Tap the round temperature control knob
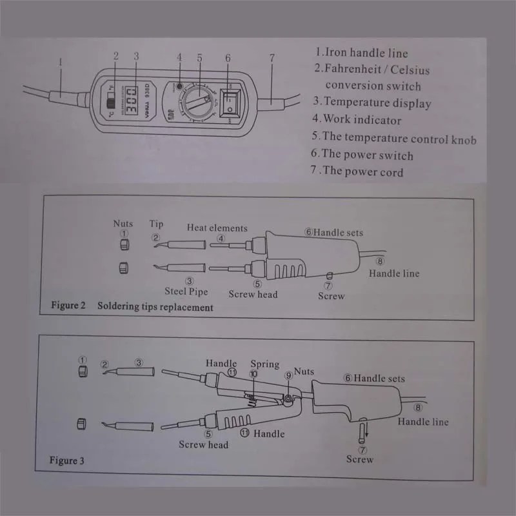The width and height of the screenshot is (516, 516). pos(198,102)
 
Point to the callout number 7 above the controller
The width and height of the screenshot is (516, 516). pos(272,57)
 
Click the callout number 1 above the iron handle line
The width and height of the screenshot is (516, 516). pos(59,63)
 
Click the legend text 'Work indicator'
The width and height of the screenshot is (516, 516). pos(361,119)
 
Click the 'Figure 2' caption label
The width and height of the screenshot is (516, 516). pos(68,306)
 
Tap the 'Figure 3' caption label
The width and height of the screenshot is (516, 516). pos(67,461)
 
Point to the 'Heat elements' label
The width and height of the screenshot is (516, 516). pos(217,228)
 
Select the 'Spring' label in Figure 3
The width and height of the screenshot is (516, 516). pos(264,364)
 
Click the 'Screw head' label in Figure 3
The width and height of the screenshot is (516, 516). pos(204,444)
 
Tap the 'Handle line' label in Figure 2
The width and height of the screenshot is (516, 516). pos(393,273)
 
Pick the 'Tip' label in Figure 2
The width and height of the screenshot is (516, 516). pos(157,224)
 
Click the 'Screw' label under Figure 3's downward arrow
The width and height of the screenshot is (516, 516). pos(360,459)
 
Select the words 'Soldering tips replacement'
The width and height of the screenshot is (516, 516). pos(155,307)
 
